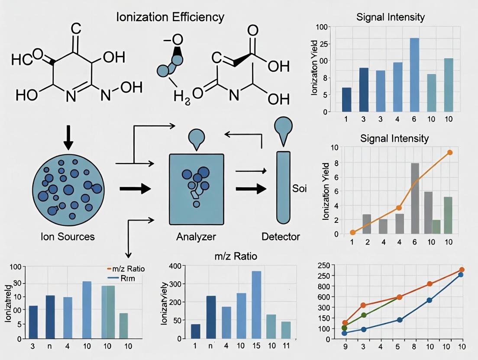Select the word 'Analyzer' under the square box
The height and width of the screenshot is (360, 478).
(x=196, y=237)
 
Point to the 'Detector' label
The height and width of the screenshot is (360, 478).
(x=281, y=237)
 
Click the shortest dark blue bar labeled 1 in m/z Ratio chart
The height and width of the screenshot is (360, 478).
(x=196, y=331)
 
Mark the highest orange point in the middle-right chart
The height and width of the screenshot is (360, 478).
(x=450, y=152)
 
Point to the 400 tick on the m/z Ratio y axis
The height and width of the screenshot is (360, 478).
(x=180, y=266)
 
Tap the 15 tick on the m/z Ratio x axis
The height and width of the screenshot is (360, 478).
(x=256, y=347)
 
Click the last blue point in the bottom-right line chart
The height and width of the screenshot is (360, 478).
(x=461, y=275)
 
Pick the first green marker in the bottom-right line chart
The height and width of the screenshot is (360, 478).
(x=344, y=328)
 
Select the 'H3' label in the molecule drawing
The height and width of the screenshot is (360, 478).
(x=181, y=96)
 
